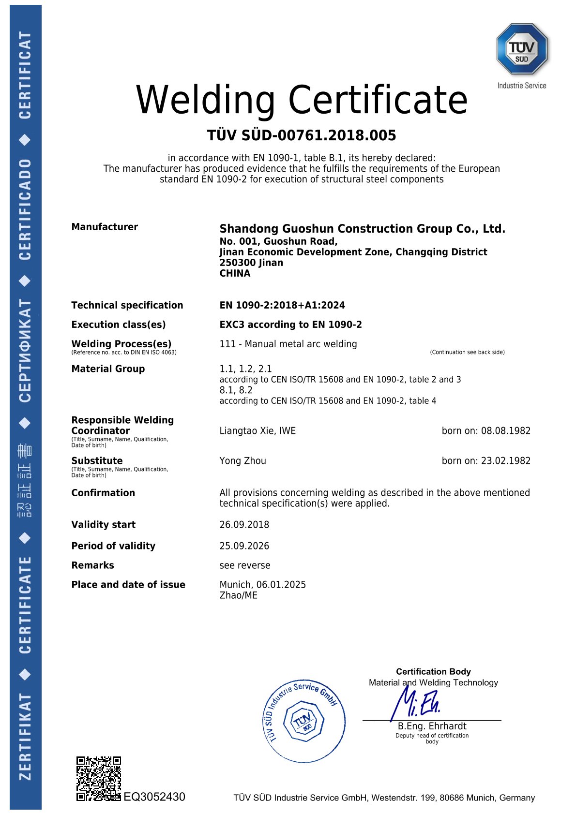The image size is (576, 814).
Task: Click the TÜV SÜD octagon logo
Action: point(522,49)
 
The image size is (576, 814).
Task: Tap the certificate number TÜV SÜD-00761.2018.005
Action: point(302,135)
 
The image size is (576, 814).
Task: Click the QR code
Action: point(98,778)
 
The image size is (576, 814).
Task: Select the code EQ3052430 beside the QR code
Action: point(154,797)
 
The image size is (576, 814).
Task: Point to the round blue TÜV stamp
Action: point(304,720)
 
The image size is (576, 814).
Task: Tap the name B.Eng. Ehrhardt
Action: point(432,726)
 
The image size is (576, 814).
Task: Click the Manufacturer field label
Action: point(105,227)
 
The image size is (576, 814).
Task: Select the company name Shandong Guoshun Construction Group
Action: point(362,229)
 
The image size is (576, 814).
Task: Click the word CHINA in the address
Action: point(235,273)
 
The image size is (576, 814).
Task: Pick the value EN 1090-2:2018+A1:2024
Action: point(282,305)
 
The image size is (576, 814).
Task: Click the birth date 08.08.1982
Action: point(505,431)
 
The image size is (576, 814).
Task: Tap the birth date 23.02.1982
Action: point(505,461)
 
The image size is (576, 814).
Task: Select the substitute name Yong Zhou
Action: point(243,461)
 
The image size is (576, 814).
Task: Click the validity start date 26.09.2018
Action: point(244,525)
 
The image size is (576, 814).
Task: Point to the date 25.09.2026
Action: point(244,546)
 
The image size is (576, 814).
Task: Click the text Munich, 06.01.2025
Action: point(262,585)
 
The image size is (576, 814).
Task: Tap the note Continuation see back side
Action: point(467,352)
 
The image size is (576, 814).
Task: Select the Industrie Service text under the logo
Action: point(522,86)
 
